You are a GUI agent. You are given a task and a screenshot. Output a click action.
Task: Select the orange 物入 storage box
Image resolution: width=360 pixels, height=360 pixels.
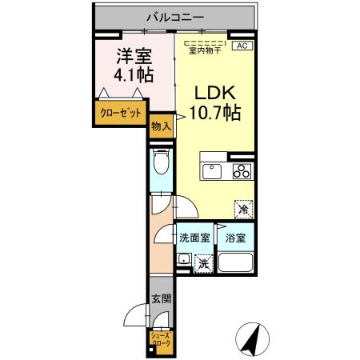(158, 126)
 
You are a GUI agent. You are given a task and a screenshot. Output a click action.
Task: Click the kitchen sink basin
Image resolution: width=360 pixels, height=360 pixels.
(214, 171)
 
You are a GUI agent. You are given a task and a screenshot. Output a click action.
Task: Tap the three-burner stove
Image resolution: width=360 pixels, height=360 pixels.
(242, 171)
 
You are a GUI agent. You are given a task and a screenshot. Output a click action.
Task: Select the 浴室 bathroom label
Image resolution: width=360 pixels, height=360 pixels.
(235, 238)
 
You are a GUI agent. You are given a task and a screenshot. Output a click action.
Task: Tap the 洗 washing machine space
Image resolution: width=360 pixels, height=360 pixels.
(204, 262)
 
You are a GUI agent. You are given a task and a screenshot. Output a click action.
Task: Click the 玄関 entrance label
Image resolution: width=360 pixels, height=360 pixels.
(160, 299)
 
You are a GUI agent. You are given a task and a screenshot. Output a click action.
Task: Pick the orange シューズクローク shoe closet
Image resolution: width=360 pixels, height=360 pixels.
(159, 340)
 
